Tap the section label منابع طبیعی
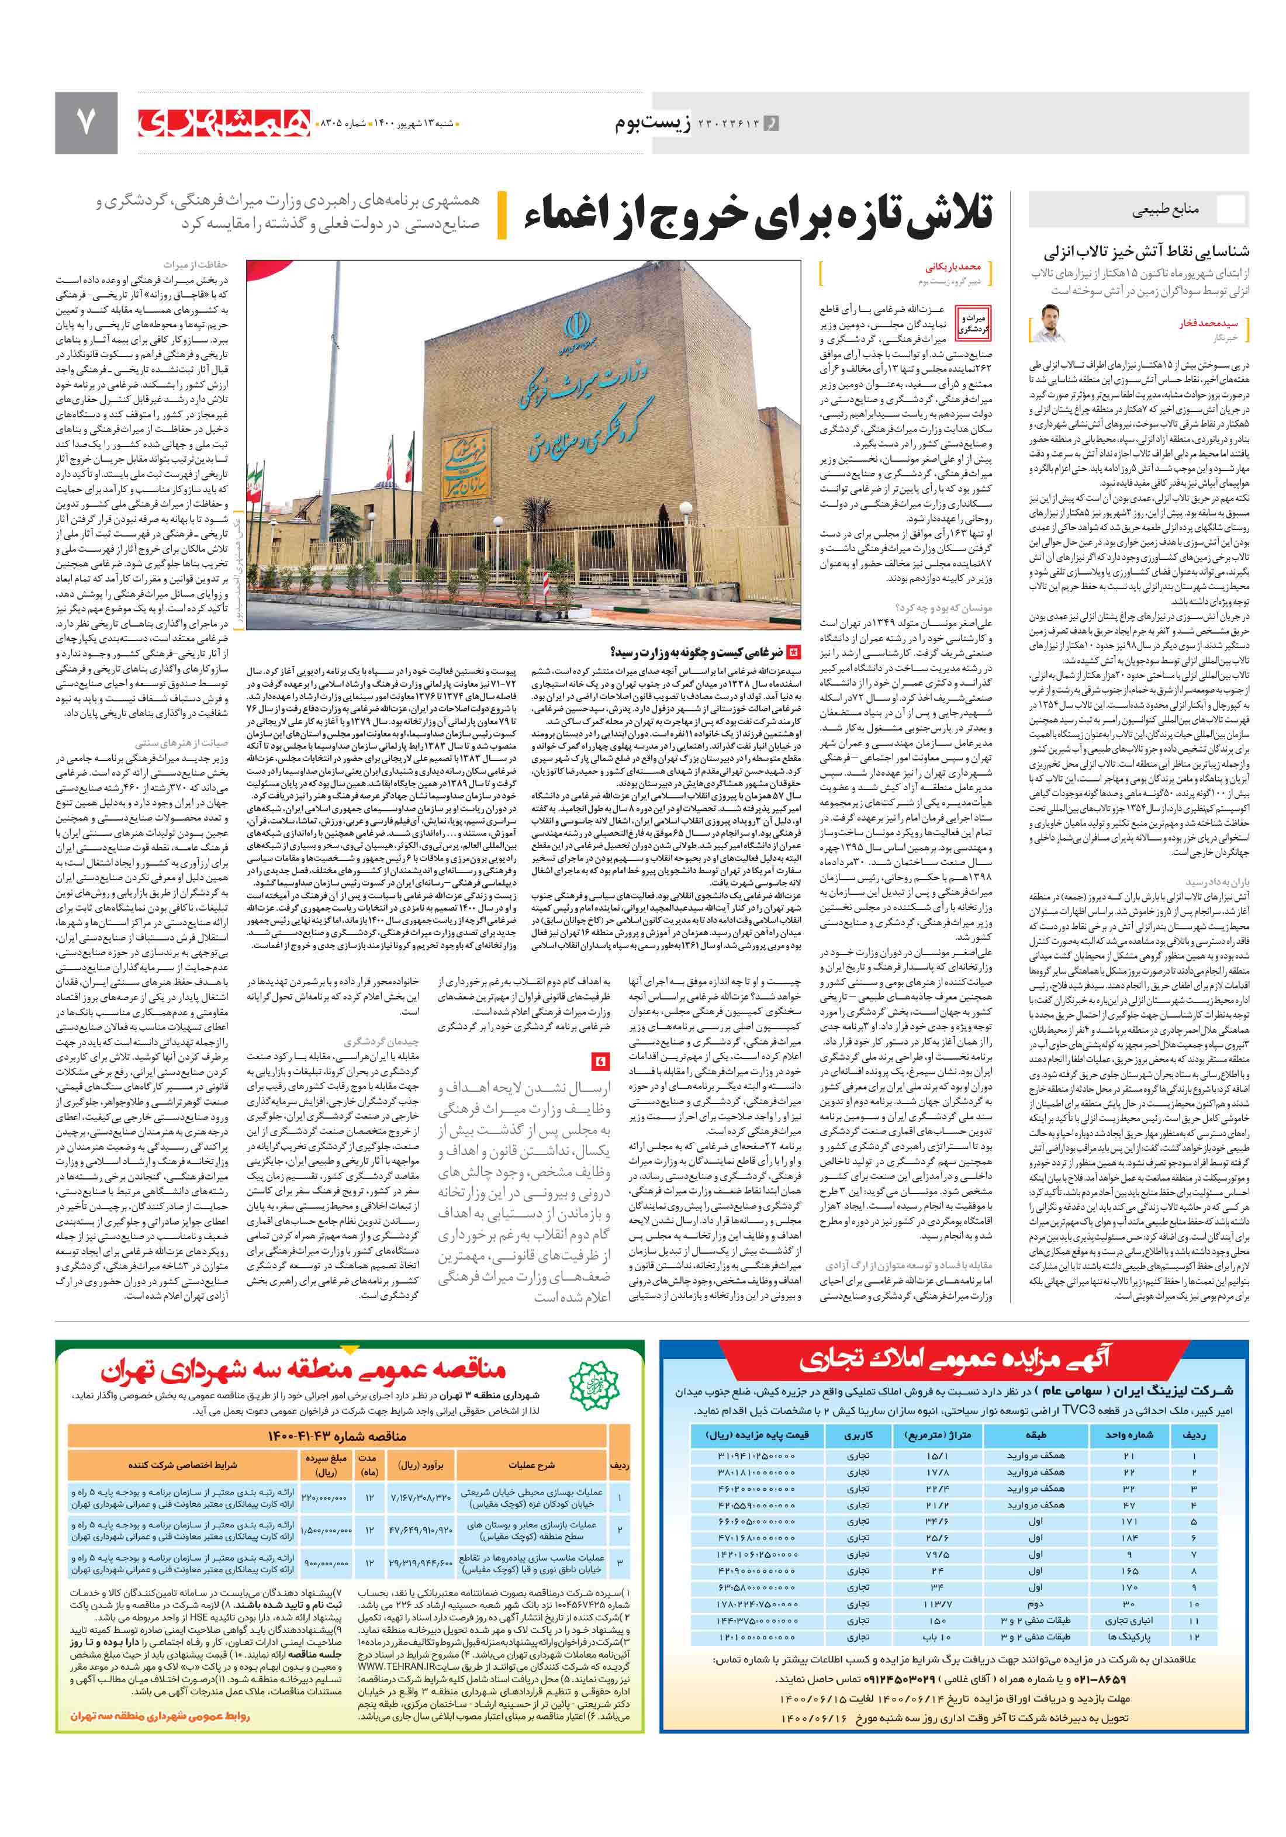1164,211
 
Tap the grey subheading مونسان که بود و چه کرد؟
944,607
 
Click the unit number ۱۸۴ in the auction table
1128,1538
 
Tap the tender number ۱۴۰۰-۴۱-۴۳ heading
336,1436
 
